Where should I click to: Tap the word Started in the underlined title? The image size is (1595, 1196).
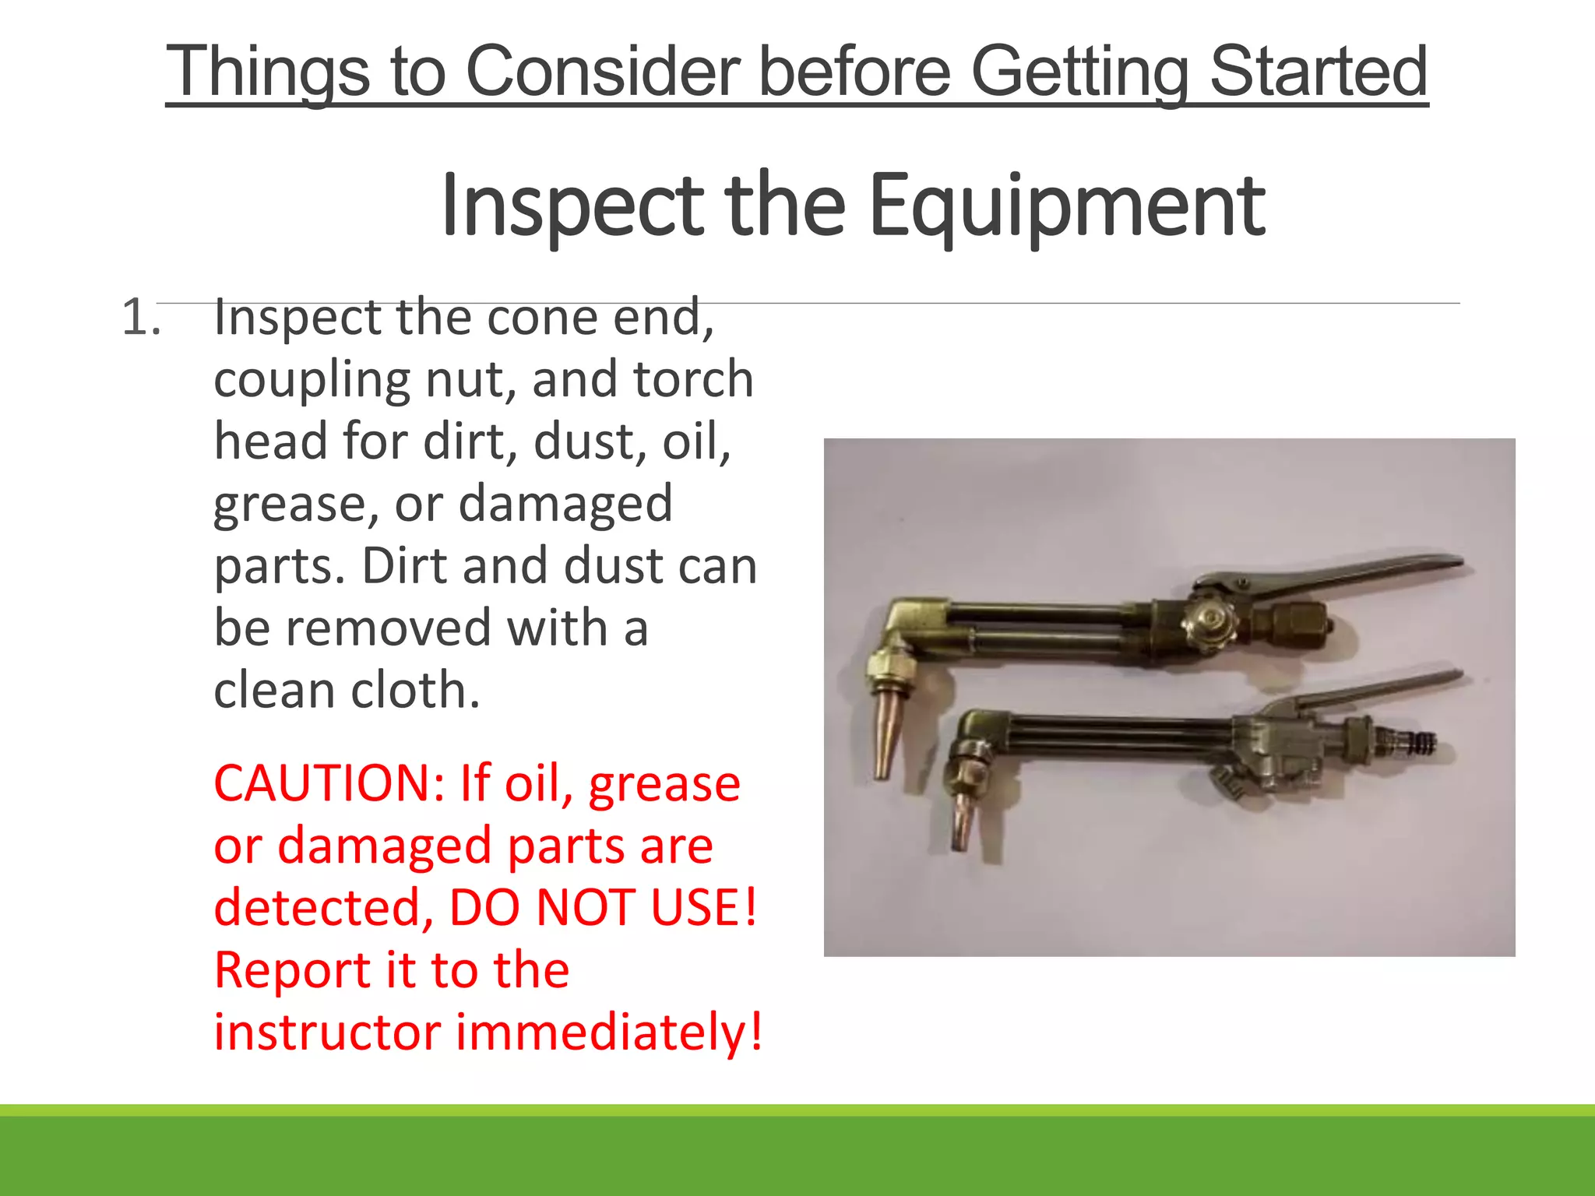click(x=1318, y=72)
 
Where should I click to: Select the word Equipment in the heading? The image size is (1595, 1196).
click(x=1066, y=206)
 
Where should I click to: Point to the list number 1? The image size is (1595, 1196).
click(x=141, y=318)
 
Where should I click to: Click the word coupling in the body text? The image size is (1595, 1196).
click(x=312, y=380)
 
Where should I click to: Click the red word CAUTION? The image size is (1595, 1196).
click(x=329, y=783)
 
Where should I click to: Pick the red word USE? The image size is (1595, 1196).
click(x=704, y=908)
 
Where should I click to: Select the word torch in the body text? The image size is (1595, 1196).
click(x=693, y=380)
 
